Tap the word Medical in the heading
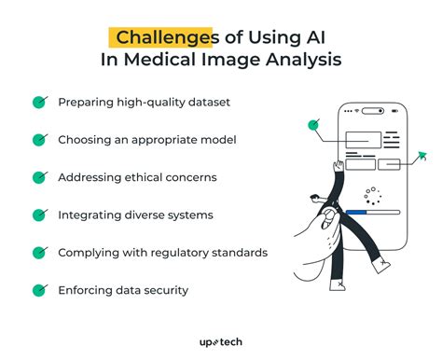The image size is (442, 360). (x=192, y=61)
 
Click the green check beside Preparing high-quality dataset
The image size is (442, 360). (x=39, y=103)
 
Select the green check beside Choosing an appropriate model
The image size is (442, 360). (x=39, y=140)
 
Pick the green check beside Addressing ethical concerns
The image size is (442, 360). (x=39, y=177)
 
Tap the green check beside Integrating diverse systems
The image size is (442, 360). (x=39, y=215)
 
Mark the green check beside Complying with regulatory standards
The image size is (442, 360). (x=39, y=253)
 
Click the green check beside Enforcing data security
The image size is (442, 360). (x=39, y=290)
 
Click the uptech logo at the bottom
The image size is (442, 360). (x=220, y=342)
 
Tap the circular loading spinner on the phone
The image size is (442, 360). (x=374, y=196)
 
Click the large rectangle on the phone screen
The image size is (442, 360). (x=363, y=141)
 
